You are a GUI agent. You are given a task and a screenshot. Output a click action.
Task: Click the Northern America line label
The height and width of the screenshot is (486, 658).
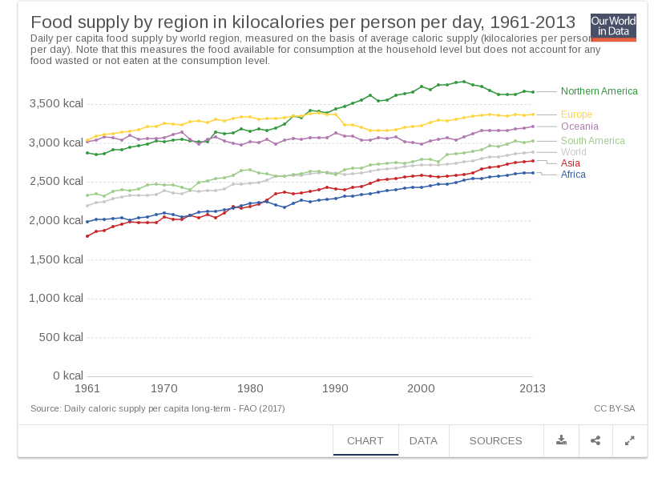click(599, 91)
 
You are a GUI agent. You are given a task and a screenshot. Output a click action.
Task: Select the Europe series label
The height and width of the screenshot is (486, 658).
click(576, 114)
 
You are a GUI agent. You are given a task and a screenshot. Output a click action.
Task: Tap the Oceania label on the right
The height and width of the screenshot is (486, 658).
click(579, 127)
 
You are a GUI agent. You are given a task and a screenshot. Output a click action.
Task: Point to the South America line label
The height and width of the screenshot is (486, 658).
click(592, 141)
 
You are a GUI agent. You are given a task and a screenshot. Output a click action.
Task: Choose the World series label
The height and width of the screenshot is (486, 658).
click(573, 152)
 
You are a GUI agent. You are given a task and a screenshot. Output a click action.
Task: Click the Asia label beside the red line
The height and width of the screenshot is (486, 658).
click(571, 163)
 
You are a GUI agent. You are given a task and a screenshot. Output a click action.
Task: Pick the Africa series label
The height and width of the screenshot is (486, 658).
click(573, 175)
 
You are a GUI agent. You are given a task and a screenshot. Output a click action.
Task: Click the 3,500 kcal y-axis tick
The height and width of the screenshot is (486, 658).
click(56, 104)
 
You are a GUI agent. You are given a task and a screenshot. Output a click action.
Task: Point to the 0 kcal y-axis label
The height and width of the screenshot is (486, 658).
click(67, 376)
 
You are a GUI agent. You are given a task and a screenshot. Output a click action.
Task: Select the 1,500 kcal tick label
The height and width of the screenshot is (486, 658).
click(56, 259)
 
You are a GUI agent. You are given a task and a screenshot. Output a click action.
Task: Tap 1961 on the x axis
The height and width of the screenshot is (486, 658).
click(87, 389)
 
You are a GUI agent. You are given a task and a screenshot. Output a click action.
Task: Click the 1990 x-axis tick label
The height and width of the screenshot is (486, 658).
click(336, 389)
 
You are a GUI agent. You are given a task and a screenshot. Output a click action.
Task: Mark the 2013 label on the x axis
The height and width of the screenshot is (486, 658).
click(532, 389)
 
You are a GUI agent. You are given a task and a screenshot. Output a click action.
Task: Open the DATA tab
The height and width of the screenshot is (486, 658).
click(423, 441)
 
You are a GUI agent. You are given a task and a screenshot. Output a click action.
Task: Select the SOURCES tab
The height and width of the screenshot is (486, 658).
click(495, 441)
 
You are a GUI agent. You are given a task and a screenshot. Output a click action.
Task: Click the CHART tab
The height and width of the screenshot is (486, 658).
click(365, 441)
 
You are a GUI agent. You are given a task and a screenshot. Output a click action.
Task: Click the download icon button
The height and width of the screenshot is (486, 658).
click(561, 440)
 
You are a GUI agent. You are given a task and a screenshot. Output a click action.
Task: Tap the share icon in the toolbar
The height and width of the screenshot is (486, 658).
click(595, 440)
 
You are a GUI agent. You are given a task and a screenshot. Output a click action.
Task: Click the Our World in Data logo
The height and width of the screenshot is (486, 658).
click(612, 27)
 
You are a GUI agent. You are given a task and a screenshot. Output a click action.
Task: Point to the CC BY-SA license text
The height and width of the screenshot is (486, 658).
click(614, 408)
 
